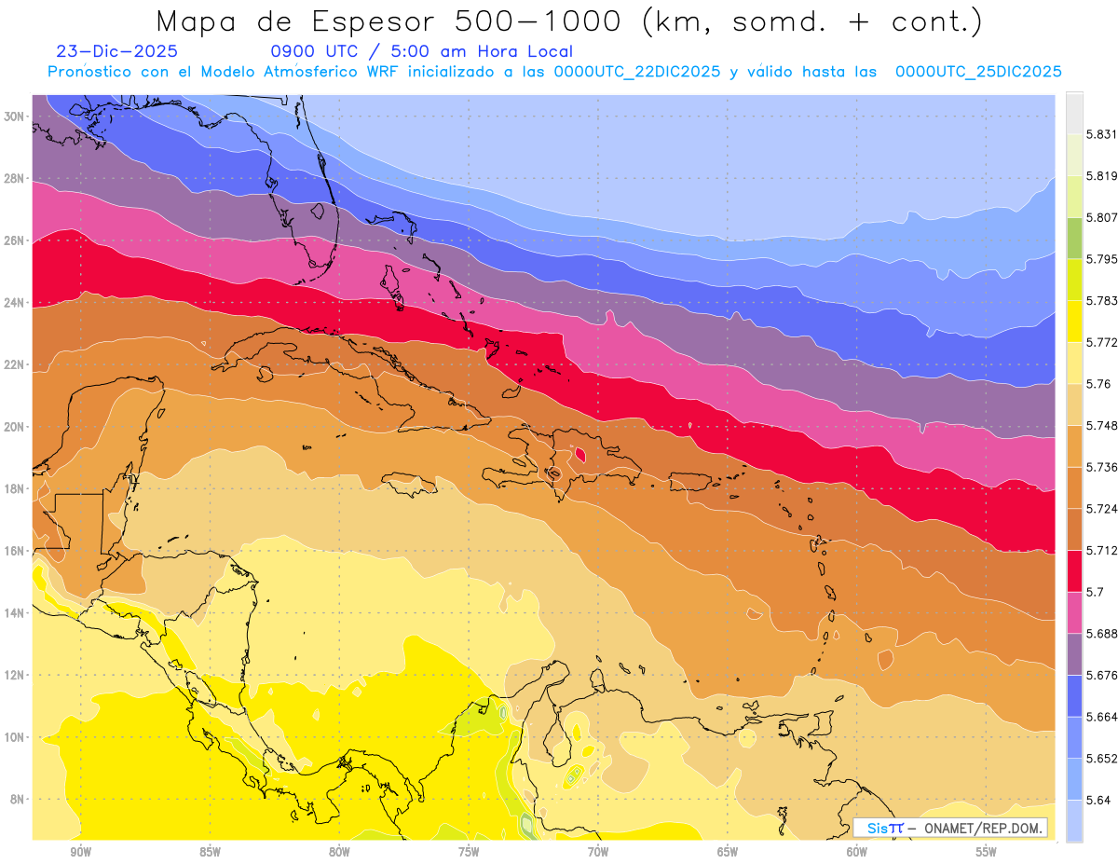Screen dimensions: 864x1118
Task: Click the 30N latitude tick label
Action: coord(14,117)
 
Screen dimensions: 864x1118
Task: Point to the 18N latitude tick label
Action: coord(14,488)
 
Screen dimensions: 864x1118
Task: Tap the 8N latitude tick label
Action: coord(16,800)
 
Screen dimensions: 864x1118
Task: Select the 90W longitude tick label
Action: coord(80,852)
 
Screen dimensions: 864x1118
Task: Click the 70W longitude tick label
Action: coord(598,852)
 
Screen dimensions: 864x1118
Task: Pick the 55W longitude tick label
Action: coord(987,852)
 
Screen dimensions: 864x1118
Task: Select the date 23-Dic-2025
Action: coord(116,51)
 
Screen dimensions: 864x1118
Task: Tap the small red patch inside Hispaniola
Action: coord(580,454)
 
